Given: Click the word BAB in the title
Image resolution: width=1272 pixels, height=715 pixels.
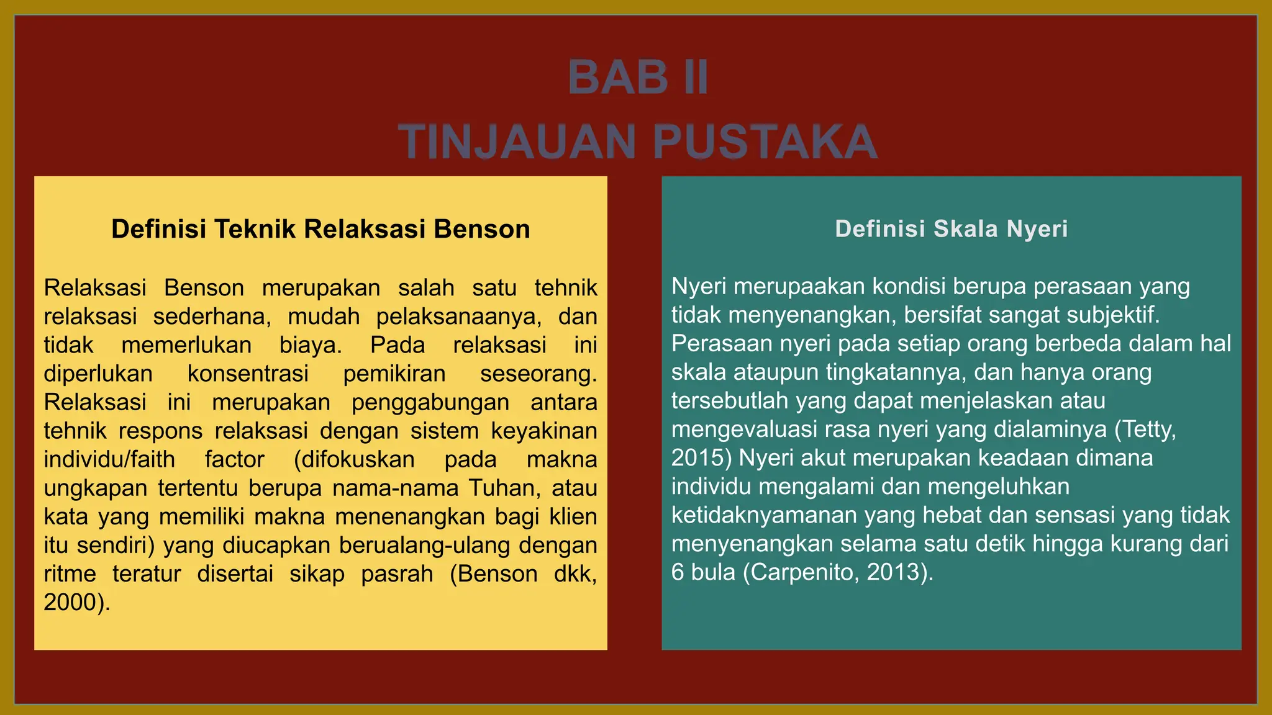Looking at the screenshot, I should [617, 78].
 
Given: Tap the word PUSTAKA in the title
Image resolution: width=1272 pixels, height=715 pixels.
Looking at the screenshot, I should [765, 142].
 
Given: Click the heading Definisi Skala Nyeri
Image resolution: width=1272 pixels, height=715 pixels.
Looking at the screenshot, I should [951, 229].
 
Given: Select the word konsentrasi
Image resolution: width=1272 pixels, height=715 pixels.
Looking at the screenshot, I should [248, 374].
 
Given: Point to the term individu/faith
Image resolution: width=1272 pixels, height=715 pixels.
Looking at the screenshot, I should [109, 459].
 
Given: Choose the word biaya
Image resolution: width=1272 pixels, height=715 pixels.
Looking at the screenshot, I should [310, 345].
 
